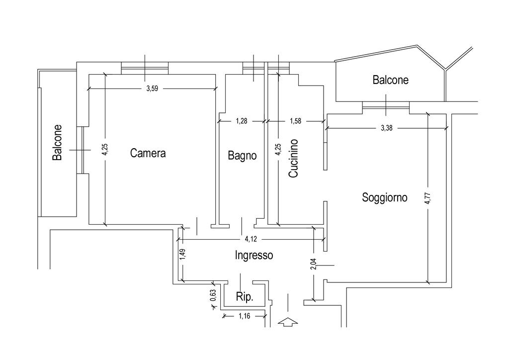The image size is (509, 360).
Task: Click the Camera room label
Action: (148, 153)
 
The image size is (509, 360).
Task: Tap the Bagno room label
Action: (242, 156)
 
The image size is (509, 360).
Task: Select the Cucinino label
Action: (293, 158)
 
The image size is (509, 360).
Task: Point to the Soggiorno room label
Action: (385, 197)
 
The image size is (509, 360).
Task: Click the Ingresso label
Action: (254, 255)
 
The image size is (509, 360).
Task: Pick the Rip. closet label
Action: (245, 297)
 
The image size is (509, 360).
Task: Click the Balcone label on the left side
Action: (57, 143)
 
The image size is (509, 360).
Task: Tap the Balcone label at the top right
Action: (391, 80)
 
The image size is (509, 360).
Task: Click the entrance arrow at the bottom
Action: (288, 322)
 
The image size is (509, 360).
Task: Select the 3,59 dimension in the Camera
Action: (152, 89)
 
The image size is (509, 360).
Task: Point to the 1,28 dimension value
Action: (242, 121)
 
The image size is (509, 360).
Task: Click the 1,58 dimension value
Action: (295, 121)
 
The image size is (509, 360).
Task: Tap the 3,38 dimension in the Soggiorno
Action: (387, 128)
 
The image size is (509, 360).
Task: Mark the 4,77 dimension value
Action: (428, 198)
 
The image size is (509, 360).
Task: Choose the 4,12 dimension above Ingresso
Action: (251, 239)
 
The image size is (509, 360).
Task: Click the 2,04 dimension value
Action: (313, 264)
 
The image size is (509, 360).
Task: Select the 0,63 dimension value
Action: (213, 295)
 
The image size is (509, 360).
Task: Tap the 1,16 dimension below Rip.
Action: (245, 316)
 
